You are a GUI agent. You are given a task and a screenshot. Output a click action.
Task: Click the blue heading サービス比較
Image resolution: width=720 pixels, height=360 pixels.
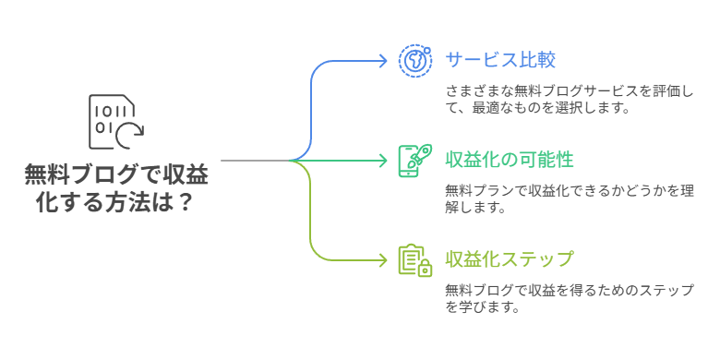(500, 61)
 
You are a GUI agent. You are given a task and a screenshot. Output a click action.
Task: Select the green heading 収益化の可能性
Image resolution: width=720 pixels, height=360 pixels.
(510, 160)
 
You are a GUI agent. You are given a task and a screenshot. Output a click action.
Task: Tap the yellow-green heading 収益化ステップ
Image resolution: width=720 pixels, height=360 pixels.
(510, 258)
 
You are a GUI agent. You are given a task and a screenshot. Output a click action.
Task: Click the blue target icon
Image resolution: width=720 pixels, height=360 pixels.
(414, 61)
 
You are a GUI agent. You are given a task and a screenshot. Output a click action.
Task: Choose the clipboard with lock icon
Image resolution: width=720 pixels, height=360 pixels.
(414, 259)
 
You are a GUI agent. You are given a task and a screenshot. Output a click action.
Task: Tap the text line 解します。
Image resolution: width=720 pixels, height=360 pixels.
(474, 208)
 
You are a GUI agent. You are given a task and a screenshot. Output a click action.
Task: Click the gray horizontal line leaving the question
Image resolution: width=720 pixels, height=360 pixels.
(253, 161)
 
